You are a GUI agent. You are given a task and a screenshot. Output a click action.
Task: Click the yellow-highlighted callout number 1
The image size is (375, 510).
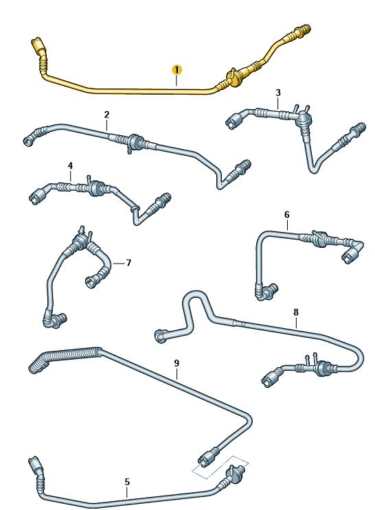tap(177, 70)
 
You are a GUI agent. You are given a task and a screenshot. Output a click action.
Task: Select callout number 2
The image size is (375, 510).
tap(106, 115)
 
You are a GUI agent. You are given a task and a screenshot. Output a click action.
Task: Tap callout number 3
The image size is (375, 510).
tap(278, 93)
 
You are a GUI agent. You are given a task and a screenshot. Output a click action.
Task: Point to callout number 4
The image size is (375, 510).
tap(70, 165)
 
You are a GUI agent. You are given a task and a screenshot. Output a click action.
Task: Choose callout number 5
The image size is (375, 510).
tap(127, 482)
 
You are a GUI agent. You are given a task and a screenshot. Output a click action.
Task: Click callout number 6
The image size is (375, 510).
tap(287, 215)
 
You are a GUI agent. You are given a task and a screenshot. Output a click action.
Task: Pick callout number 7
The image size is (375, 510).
tap(128, 262)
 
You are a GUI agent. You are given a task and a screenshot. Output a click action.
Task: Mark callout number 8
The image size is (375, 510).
tap(295, 312)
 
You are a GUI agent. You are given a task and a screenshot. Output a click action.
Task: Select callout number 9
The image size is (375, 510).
tap(177, 363)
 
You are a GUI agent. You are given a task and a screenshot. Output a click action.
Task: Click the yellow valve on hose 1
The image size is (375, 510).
tap(234, 78)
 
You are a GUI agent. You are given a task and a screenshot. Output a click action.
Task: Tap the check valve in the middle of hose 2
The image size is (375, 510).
tap(135, 143)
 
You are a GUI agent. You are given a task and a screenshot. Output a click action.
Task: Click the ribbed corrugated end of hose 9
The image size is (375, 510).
tap(65, 357)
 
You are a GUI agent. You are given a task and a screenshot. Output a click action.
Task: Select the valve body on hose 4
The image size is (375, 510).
tap(94, 187)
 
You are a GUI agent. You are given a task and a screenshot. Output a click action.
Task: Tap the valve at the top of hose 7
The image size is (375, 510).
tap(81, 239)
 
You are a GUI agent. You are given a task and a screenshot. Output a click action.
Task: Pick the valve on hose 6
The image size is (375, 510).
tap(319, 238)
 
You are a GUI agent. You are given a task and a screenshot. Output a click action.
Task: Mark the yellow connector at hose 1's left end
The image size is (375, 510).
tap(38, 45)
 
